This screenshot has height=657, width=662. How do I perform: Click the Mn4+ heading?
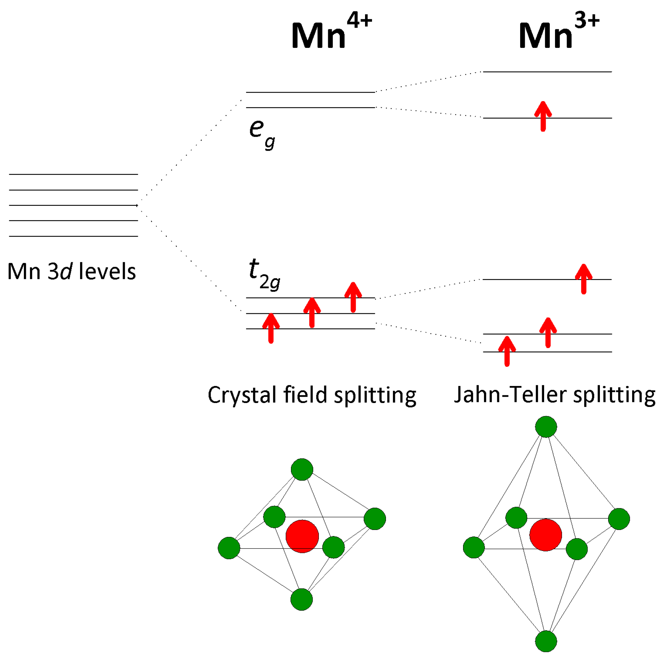pos(331,33)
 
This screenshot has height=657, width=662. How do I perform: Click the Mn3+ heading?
pos(558,33)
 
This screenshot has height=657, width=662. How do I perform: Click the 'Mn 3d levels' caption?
pos(72,272)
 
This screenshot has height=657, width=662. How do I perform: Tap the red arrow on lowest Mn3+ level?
pos(507,351)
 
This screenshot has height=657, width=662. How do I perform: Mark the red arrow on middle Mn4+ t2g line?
pos(312,313)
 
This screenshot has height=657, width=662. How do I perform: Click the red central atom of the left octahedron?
pos(302,536)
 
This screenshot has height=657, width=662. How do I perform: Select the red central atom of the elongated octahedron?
pos(545,535)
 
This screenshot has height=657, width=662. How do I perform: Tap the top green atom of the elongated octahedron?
pos(546,427)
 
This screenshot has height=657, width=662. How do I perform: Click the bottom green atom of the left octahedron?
pos(302,599)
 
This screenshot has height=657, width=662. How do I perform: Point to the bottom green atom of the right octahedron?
pos(546,641)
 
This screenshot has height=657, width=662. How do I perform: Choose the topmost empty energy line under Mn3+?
pos(547,72)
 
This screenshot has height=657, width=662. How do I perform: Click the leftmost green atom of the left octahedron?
pos(229,548)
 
